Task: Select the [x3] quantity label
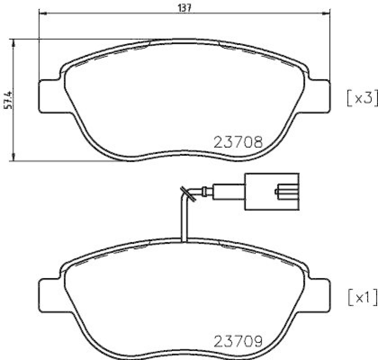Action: tap(361, 98)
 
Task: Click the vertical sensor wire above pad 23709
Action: tap(183, 222)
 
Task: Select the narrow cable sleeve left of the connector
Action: tap(229, 192)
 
